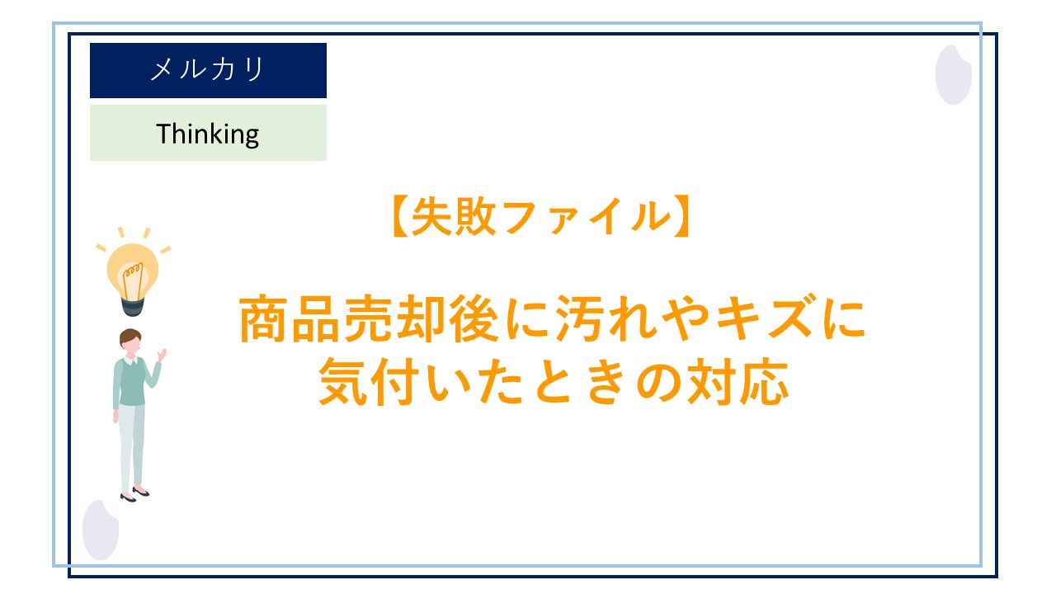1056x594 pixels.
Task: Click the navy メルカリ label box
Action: coord(208,70)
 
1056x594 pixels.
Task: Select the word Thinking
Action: coord(208,134)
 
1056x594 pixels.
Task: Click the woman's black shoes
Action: coord(134,495)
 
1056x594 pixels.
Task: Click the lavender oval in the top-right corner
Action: coord(953,74)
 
